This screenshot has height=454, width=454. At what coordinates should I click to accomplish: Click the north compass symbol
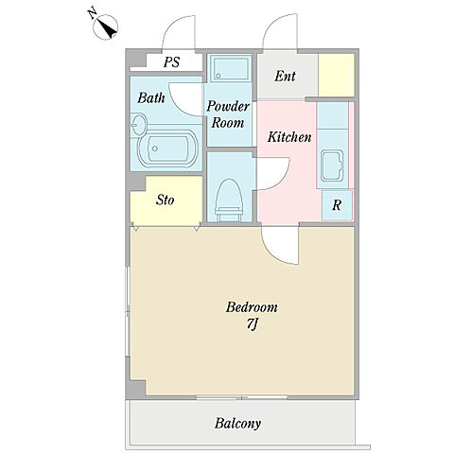(x=106, y=26)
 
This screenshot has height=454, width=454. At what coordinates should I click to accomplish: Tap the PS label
(x=172, y=61)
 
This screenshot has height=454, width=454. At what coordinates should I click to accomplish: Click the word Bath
(x=151, y=98)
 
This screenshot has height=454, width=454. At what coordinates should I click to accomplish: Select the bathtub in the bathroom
(x=167, y=148)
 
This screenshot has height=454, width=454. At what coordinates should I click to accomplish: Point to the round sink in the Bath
(x=138, y=125)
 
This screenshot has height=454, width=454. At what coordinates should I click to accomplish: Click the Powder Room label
(x=228, y=114)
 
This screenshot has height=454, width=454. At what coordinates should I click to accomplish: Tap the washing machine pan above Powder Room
(x=231, y=68)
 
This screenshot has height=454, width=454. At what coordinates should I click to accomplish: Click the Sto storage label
(x=166, y=200)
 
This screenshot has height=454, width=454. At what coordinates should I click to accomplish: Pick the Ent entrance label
(x=285, y=76)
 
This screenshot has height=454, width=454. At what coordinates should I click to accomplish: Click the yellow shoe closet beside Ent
(x=336, y=75)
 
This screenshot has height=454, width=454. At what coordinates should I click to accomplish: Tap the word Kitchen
(x=289, y=137)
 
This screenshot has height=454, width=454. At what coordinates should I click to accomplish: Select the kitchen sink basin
(x=332, y=166)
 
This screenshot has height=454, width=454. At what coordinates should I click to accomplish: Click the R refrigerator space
(x=337, y=205)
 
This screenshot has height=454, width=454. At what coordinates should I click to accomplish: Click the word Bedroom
(x=252, y=307)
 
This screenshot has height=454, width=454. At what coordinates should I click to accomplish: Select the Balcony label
(x=237, y=424)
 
